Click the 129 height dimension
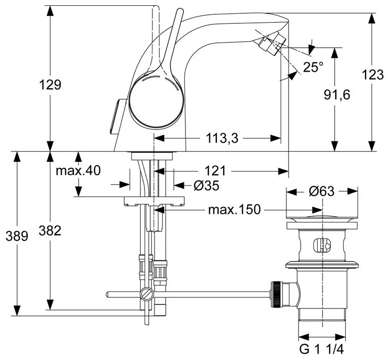pos(50,84)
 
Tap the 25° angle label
pos(313,67)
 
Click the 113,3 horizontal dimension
pos(221,139)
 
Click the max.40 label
pos(78,170)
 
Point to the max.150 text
pos(234,210)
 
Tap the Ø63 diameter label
pos(321,191)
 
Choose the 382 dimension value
pos(50,230)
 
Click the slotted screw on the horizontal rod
pos(147,294)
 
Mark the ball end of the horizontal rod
pos(108,294)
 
